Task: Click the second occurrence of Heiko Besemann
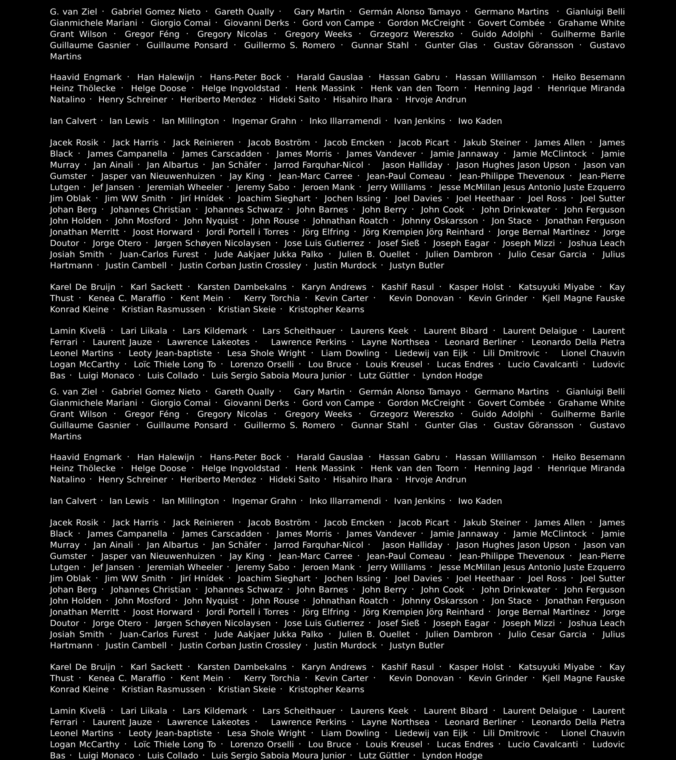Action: click(588, 457)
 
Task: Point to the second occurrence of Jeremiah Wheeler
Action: click(185, 567)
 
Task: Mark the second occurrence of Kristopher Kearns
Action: click(326, 689)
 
